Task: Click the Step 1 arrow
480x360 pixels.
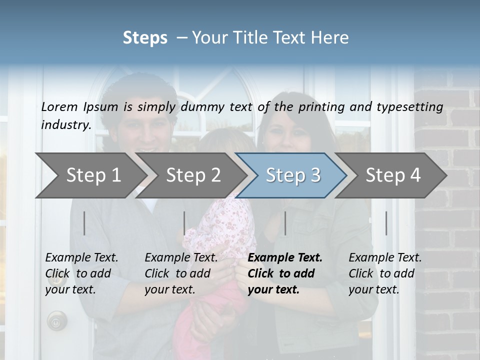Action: pyautogui.click(x=90, y=175)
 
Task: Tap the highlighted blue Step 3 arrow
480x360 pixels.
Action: pyautogui.click(x=292, y=175)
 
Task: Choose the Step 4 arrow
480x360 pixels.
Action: pyautogui.click(x=392, y=175)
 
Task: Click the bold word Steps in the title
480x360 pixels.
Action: pyautogui.click(x=145, y=38)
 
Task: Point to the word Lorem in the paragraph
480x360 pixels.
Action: pyautogui.click(x=59, y=106)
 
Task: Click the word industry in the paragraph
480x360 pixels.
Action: pyautogui.click(x=65, y=125)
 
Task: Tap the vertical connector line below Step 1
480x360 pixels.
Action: pyautogui.click(x=84, y=223)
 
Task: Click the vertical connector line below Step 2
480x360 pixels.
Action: pyautogui.click(x=184, y=223)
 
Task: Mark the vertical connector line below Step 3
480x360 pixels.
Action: pyautogui.click(x=285, y=223)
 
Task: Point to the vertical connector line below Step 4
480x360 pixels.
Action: pyautogui.click(x=386, y=223)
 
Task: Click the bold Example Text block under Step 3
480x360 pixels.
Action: pyautogui.click(x=285, y=273)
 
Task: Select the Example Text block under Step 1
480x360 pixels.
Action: pyautogui.click(x=81, y=273)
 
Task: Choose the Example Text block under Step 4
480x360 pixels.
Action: pyautogui.click(x=385, y=273)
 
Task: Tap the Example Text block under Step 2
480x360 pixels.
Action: pyautogui.click(x=181, y=273)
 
